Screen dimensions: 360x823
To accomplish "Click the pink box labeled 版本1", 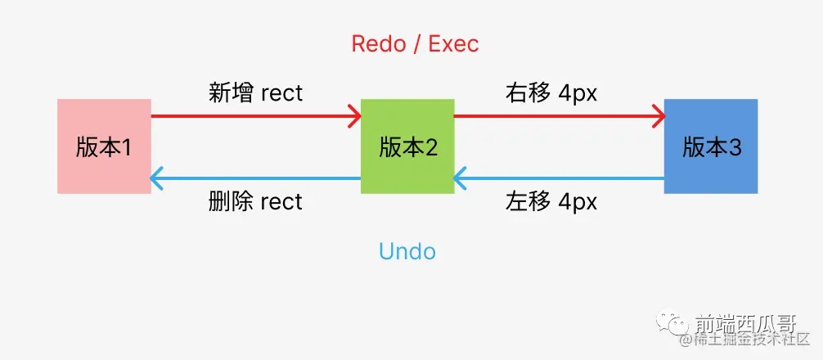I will [x=104, y=146].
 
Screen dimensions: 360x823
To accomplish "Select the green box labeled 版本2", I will [x=407, y=146].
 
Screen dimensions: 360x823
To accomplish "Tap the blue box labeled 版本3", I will [x=710, y=146].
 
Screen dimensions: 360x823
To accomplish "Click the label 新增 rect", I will [x=255, y=93].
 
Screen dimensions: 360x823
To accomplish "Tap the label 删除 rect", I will [x=255, y=201].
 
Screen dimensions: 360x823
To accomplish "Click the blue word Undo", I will [x=407, y=251].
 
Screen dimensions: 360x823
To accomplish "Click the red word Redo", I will [x=377, y=43].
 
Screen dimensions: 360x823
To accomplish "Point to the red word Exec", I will [x=454, y=43].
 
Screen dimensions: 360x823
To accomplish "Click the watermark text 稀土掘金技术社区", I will [x=751, y=339].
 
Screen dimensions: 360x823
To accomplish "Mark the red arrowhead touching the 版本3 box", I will [x=658, y=115].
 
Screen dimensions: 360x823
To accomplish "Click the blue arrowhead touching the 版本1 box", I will [x=158, y=177].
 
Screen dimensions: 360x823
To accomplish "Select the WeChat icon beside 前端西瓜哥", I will [x=678, y=323].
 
